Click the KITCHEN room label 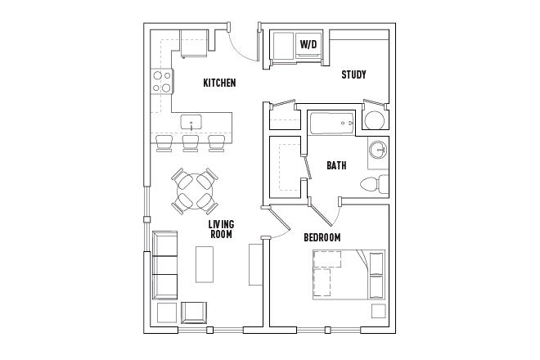(219, 83)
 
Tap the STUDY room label (353, 74)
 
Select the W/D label (308, 44)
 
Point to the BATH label (336, 165)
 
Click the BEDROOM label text (322, 237)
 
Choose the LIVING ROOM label (220, 229)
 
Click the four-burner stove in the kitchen (162, 80)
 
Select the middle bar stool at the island (191, 144)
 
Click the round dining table (195, 191)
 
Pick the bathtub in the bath (332, 124)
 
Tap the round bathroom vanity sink (378, 151)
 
